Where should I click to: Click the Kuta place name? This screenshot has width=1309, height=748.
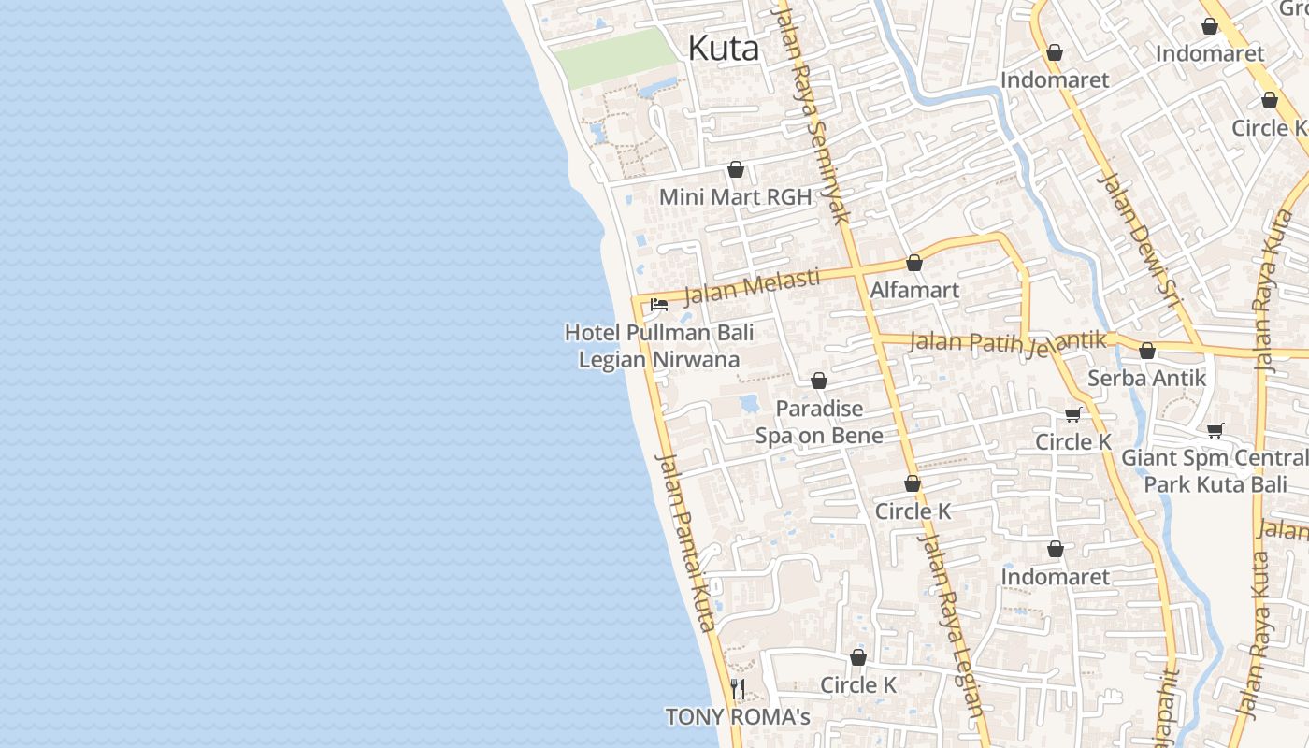click(723, 49)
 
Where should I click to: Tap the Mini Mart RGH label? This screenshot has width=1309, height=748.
click(735, 197)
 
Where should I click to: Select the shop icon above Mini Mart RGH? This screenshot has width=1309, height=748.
click(736, 169)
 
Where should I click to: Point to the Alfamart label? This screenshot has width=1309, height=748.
click(914, 290)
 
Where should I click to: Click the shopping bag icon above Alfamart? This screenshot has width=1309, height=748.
click(914, 263)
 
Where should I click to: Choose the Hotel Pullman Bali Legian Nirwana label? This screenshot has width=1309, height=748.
click(659, 346)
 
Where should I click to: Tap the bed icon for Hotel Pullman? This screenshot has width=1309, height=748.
click(659, 305)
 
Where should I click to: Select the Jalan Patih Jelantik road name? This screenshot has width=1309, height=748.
click(1007, 342)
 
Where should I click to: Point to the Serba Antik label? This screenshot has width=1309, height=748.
click(1146, 379)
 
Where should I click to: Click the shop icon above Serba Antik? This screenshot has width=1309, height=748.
click(1147, 351)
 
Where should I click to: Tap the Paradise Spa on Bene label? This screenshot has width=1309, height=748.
click(819, 422)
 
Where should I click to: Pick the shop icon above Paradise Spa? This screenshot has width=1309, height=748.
click(819, 381)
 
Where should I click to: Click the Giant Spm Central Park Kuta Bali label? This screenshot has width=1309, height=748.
click(1214, 471)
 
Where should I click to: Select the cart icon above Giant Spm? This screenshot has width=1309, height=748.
click(1215, 430)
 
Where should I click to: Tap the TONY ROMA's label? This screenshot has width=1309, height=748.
click(737, 717)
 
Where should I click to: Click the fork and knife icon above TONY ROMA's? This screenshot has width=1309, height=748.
click(738, 689)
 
